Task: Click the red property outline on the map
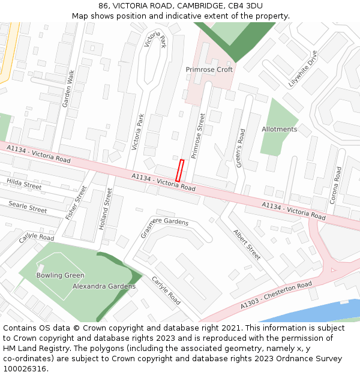pos(179,170)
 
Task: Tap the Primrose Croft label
pos(209,70)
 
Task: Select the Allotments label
pos(279,129)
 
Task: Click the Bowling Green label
pos(60,275)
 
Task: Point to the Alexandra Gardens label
pos(104,286)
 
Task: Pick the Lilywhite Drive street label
pos(302,69)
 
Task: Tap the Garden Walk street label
pos(68,88)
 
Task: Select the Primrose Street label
pos(198,136)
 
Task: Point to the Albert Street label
pos(247,245)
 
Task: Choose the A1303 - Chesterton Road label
pos(276,296)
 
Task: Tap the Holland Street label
pos(105,209)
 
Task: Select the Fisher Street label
pos(76,202)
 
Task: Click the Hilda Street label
pos(24,184)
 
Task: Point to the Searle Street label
pos(28,207)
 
